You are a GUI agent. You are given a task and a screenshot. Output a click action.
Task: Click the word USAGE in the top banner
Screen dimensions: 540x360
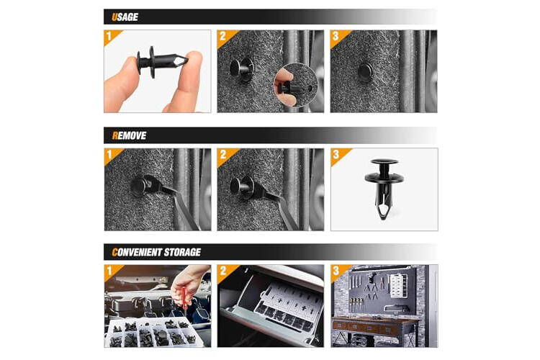point(125,17)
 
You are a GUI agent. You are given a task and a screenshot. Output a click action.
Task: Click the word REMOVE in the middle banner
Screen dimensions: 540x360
point(129,135)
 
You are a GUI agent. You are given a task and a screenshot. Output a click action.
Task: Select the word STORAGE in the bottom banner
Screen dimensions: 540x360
point(182,252)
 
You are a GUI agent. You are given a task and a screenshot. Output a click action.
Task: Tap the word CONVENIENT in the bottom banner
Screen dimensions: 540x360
point(137,252)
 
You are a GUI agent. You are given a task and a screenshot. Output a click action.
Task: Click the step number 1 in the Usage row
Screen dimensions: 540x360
point(109,36)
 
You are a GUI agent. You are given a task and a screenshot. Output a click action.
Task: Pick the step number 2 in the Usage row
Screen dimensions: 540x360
point(222,36)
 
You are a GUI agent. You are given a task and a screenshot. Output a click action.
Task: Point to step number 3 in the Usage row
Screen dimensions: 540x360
point(336,36)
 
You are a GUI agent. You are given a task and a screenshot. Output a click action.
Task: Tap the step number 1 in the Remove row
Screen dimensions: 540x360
point(109,154)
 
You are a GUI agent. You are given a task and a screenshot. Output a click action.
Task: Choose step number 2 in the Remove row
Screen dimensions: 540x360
point(223,154)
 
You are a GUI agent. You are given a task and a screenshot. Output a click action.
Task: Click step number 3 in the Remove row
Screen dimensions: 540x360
point(336,154)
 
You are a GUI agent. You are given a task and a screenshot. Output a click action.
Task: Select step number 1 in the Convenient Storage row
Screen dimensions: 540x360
point(109,271)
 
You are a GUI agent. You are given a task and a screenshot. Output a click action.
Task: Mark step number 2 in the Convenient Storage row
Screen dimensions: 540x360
point(223,271)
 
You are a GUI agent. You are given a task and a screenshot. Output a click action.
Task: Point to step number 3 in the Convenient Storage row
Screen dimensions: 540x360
point(336,271)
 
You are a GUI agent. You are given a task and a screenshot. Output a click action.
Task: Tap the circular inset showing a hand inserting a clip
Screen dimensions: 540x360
point(295,85)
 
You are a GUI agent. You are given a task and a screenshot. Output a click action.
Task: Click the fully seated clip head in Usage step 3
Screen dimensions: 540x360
point(365,72)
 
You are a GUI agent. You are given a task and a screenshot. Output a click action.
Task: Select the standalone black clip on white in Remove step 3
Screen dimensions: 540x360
point(384,189)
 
